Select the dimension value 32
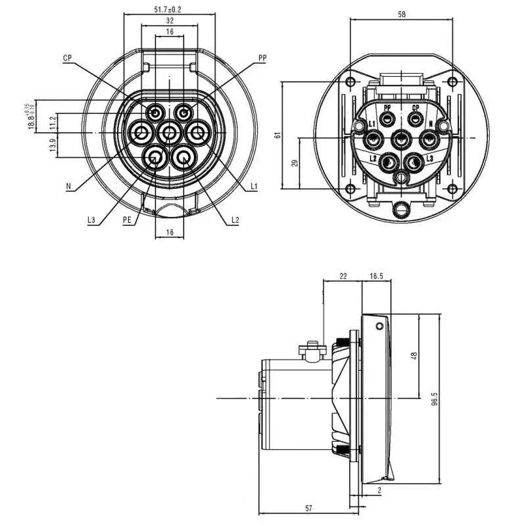point(169,21)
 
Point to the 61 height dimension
point(278,135)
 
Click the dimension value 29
point(295,162)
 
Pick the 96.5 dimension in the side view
point(435,400)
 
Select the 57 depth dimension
point(308,508)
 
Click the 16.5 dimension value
point(376,277)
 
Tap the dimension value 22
point(343,277)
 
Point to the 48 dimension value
point(414,356)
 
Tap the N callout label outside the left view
point(68,187)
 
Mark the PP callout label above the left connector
point(262,59)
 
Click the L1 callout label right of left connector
point(254,187)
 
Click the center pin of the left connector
point(170,133)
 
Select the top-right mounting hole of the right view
point(452,82)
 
